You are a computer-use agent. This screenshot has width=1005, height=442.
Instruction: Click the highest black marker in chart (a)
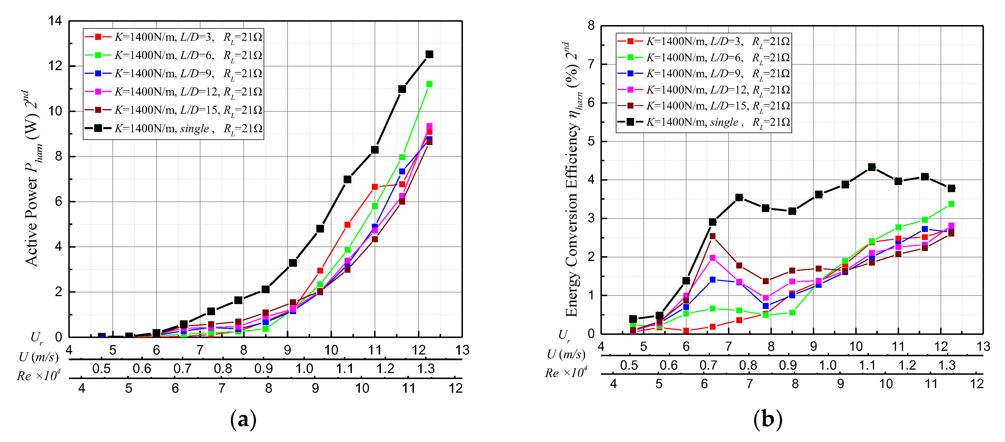(429, 54)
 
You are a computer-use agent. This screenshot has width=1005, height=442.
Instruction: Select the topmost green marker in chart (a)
(429, 84)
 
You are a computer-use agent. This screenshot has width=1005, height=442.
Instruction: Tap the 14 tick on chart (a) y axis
(55, 21)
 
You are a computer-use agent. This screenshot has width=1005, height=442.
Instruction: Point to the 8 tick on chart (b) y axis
(591, 26)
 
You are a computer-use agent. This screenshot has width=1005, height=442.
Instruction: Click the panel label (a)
(243, 420)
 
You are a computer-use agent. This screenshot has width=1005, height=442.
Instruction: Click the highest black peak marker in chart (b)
(871, 167)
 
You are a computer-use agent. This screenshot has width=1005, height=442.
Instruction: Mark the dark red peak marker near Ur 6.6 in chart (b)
(712, 236)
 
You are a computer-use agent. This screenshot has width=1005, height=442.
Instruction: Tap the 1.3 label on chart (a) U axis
(426, 368)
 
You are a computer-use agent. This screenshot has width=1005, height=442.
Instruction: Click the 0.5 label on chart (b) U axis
(629, 365)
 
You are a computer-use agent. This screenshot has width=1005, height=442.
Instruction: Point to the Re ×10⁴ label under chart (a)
(38, 376)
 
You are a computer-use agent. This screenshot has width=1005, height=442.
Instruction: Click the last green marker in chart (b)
(951, 204)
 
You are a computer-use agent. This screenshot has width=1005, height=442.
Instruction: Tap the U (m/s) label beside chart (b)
(566, 355)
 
